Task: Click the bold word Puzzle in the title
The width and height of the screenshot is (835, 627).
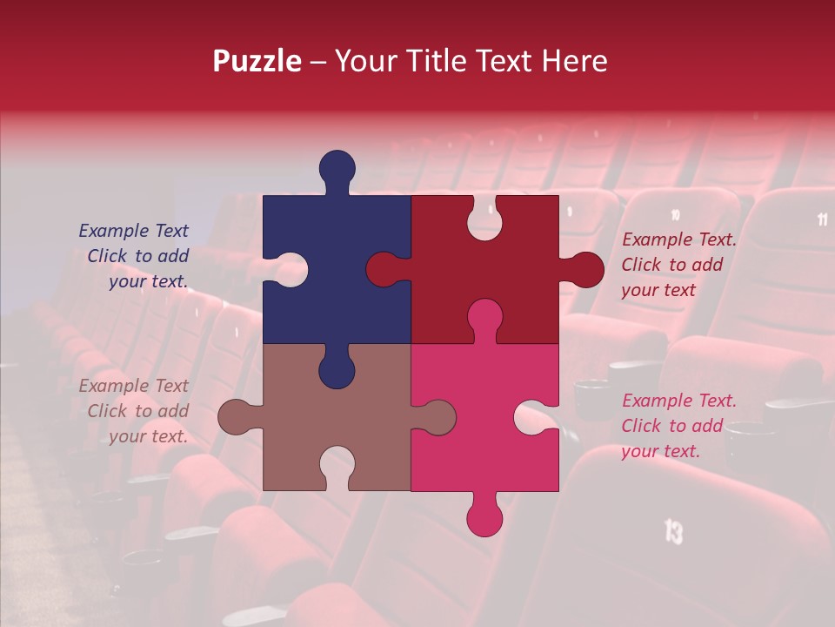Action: tap(257, 62)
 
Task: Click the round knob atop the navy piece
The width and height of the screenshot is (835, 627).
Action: tap(337, 168)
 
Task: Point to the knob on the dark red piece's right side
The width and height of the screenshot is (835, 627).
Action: tap(584, 270)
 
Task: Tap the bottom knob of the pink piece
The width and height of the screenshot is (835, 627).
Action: tap(484, 517)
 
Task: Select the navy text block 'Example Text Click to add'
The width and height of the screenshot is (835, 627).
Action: tap(136, 256)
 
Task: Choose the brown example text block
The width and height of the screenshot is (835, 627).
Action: tap(136, 411)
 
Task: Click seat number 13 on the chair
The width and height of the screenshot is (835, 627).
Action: tap(673, 530)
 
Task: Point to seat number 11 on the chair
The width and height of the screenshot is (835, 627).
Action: tap(823, 219)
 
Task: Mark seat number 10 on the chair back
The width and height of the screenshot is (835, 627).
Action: tap(675, 214)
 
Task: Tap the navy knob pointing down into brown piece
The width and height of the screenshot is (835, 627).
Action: tap(337, 369)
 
